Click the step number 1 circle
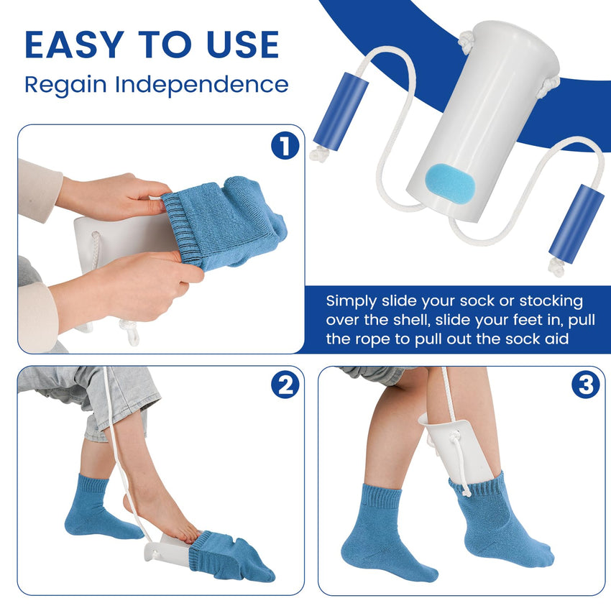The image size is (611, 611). coord(285,147)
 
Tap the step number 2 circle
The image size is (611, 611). coord(285,387)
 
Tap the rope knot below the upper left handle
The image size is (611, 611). coord(317,152)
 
